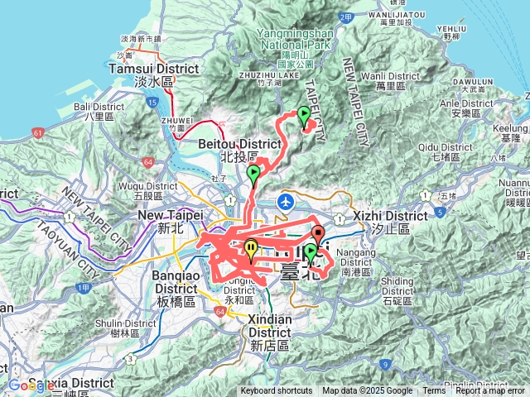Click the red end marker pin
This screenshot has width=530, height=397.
point(317,234)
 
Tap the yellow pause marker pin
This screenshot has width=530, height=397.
point(251,247)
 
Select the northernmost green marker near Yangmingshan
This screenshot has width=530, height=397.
point(304,115)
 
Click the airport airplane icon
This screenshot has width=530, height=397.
point(286,200)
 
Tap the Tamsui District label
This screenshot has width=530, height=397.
point(143,70)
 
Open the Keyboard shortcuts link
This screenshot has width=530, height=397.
point(277,391)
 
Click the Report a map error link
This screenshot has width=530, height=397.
point(489,391)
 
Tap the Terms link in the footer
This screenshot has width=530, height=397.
point(434,391)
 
